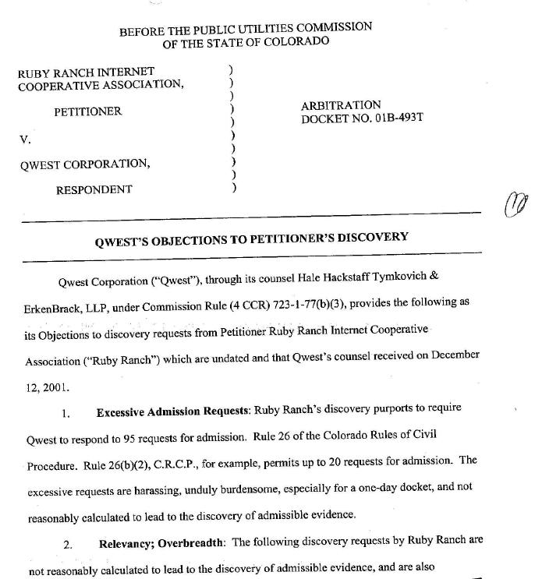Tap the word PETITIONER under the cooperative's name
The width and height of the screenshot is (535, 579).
point(87,111)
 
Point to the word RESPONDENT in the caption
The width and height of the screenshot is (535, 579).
point(94,189)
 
